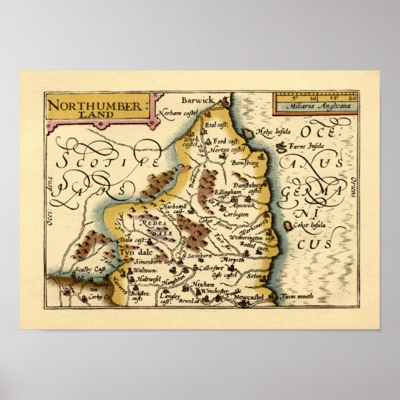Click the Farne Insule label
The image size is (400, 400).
pyautogui.click(x=308, y=147)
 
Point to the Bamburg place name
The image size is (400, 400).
pyautogui.click(x=243, y=163)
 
